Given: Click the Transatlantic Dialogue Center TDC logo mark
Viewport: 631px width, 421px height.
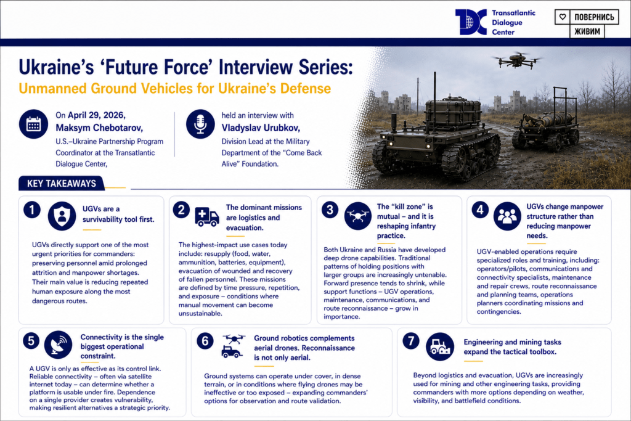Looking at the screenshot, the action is [471, 22].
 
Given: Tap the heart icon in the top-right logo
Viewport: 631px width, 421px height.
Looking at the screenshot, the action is [563, 17].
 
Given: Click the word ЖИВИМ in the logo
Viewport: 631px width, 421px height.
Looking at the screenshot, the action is [587, 31].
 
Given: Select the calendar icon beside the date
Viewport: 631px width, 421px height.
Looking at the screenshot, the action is [33, 124].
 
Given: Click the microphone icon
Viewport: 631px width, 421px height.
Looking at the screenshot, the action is [200, 124].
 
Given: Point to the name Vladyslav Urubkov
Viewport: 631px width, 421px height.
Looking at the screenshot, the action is [261, 128].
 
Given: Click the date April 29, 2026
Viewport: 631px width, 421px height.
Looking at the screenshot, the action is [97, 115].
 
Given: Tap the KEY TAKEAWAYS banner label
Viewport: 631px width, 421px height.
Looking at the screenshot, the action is [62, 184].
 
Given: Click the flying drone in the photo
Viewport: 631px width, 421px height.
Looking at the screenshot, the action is [517, 60].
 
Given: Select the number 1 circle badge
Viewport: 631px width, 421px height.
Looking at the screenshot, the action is [32, 210].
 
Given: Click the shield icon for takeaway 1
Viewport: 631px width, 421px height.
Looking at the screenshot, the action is [62, 216].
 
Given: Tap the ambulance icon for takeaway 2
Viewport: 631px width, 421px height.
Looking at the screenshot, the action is [207, 217].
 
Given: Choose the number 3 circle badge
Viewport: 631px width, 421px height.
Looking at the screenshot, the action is [330, 210].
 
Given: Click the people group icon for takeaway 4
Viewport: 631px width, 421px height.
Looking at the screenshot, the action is [507, 216].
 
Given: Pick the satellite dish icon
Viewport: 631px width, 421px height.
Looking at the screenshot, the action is [59, 345].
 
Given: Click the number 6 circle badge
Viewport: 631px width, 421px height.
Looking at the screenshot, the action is [205, 341].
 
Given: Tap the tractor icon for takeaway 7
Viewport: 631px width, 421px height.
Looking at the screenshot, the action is [440, 346].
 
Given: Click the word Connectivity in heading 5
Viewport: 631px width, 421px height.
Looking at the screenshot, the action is [100, 337].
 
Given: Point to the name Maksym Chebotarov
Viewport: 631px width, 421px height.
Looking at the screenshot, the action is [99, 128].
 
